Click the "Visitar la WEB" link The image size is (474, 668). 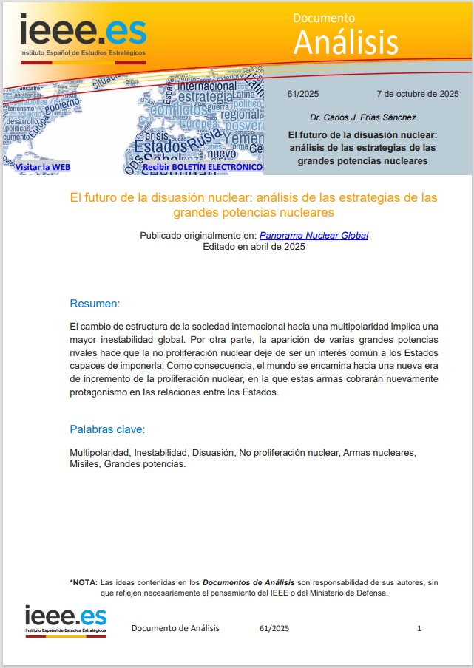click(x=43, y=167)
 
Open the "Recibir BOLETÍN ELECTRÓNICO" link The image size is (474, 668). click(x=202, y=167)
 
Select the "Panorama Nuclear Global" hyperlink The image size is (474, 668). click(x=314, y=236)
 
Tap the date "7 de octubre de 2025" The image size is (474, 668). click(x=417, y=95)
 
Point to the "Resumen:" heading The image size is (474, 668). click(x=95, y=304)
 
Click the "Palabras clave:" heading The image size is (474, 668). click(x=107, y=429)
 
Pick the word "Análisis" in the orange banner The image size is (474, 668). click(x=345, y=42)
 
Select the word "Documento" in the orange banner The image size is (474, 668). click(x=324, y=18)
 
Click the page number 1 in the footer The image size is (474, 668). click(x=419, y=628)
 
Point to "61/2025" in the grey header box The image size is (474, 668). click(x=302, y=95)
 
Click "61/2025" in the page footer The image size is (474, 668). click(x=274, y=628)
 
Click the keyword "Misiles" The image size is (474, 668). click(x=84, y=464)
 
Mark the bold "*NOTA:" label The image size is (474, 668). click(x=84, y=582)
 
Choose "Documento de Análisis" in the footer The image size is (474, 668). click(x=175, y=628)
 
